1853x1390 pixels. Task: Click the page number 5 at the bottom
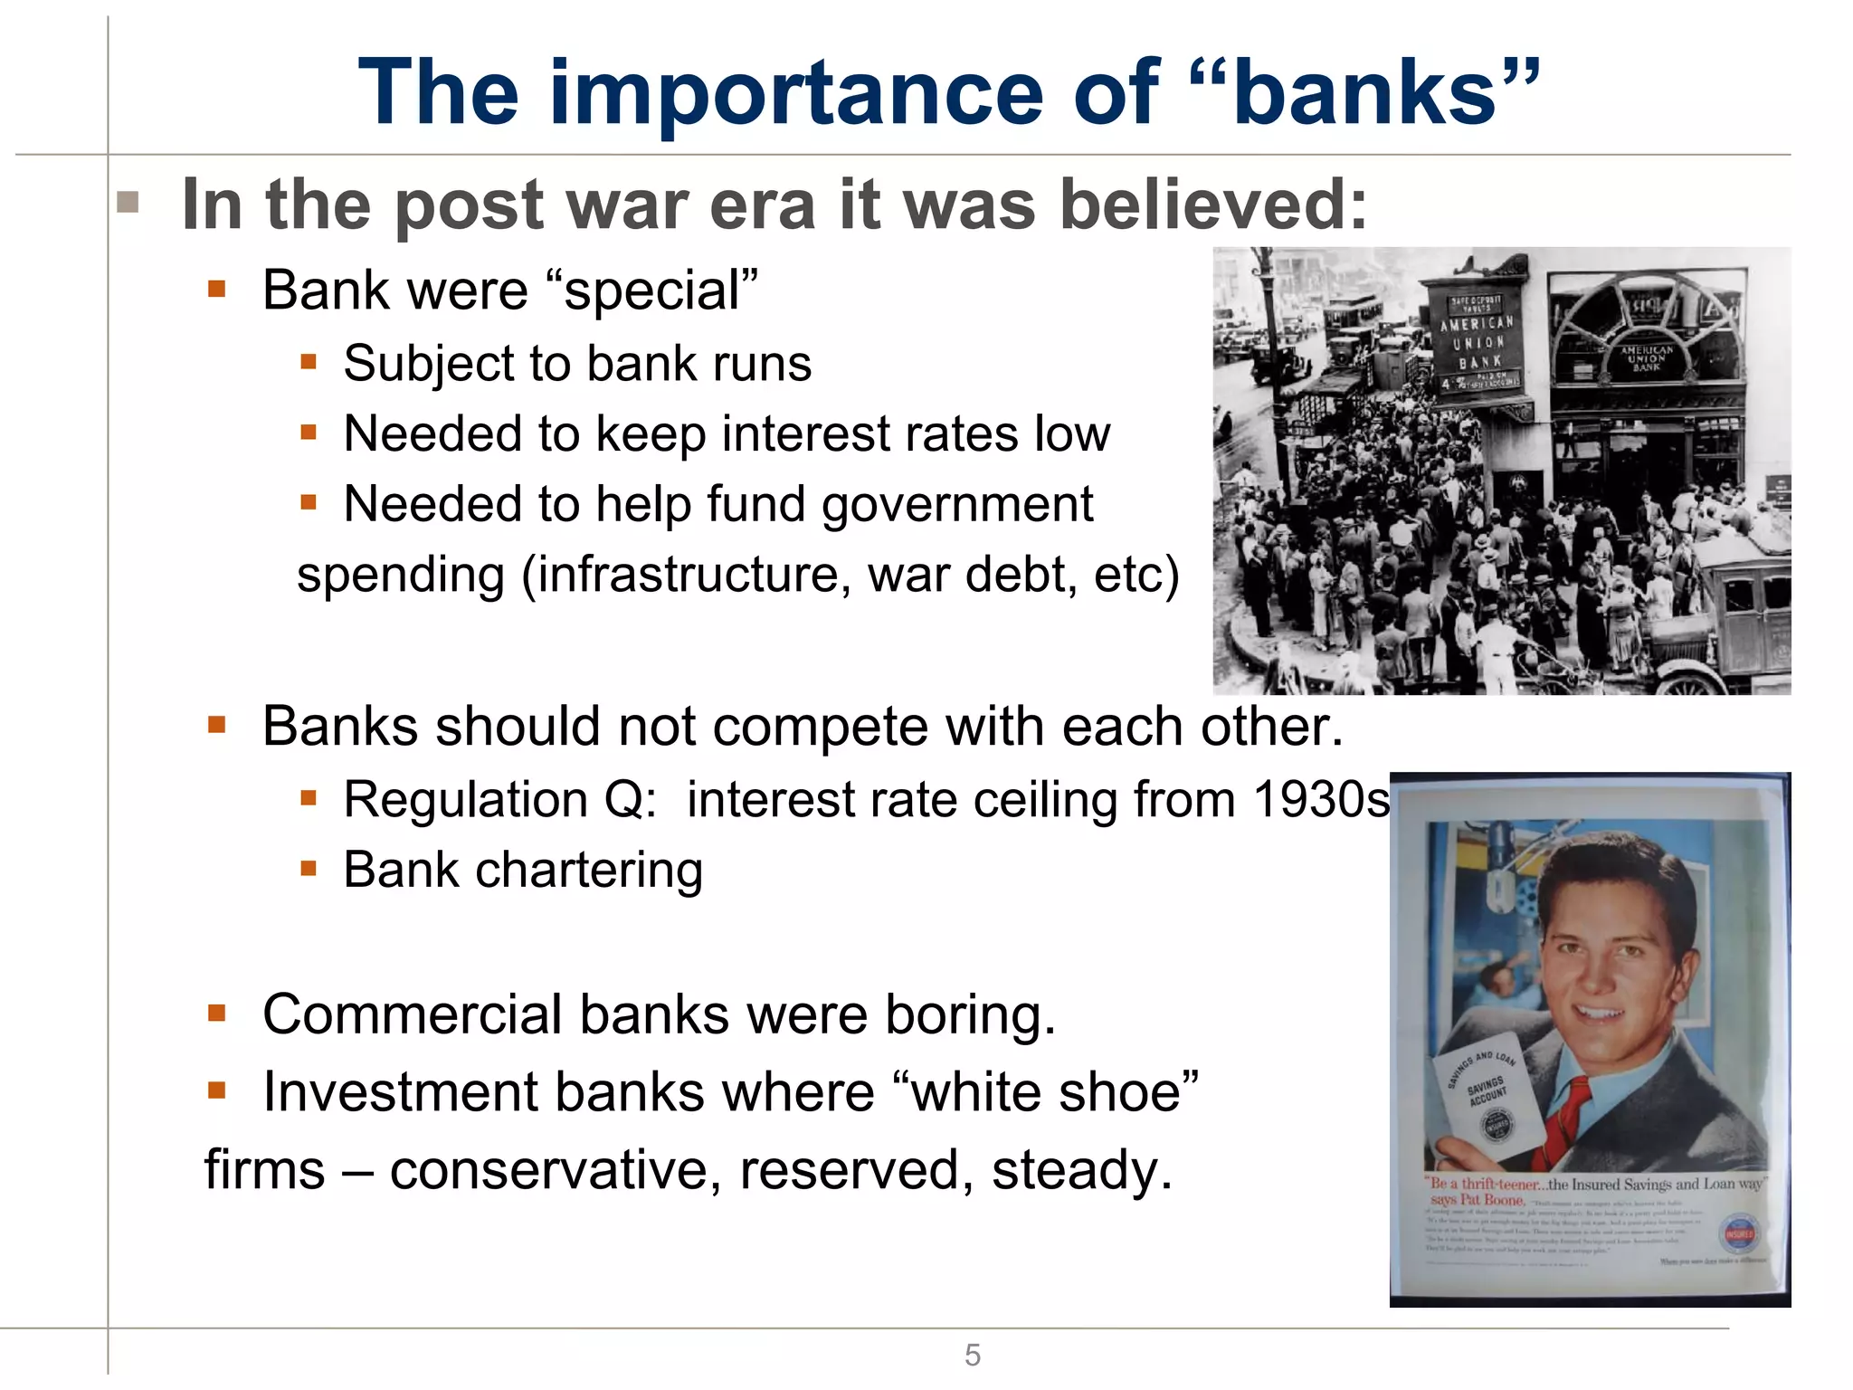click(x=972, y=1355)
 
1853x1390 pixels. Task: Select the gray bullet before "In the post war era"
click(x=128, y=202)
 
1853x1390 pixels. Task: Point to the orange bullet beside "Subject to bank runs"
click(x=309, y=363)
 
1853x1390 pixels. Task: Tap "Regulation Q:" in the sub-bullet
click(x=500, y=800)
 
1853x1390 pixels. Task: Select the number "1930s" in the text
click(x=1321, y=800)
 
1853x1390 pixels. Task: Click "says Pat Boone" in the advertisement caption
click(x=1477, y=1199)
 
